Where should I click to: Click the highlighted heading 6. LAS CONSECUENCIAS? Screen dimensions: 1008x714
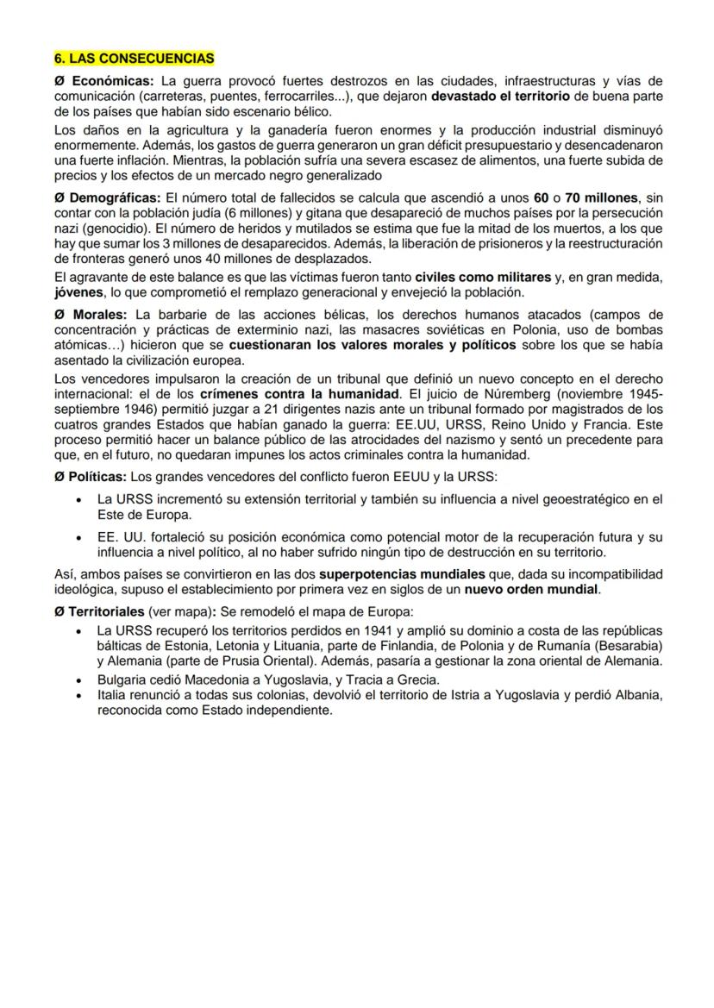point(134,59)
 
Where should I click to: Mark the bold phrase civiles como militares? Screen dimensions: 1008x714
point(483,278)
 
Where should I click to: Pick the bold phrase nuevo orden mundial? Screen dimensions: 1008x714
point(530,590)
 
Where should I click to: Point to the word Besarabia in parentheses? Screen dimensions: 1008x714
point(626,646)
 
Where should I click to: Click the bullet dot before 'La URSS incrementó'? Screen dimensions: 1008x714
point(79,499)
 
